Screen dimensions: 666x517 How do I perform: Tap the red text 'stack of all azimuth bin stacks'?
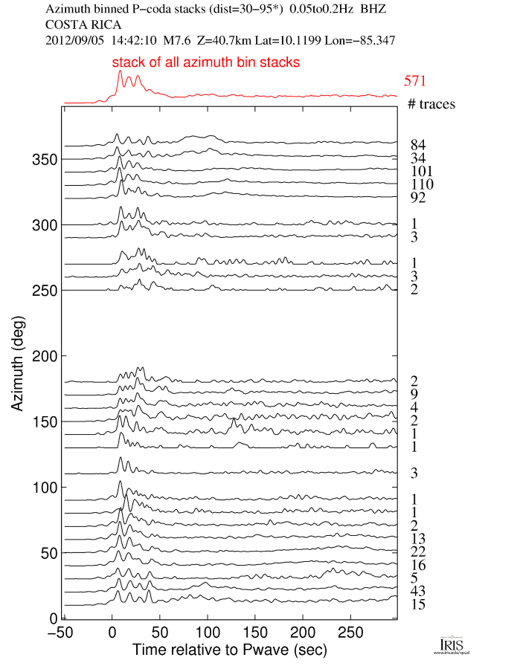pos(206,63)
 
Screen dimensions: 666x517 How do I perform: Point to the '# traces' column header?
pos(431,104)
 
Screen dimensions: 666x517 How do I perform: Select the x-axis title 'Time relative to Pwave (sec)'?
pos(223,649)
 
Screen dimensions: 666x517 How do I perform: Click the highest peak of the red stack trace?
pos(120,71)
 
